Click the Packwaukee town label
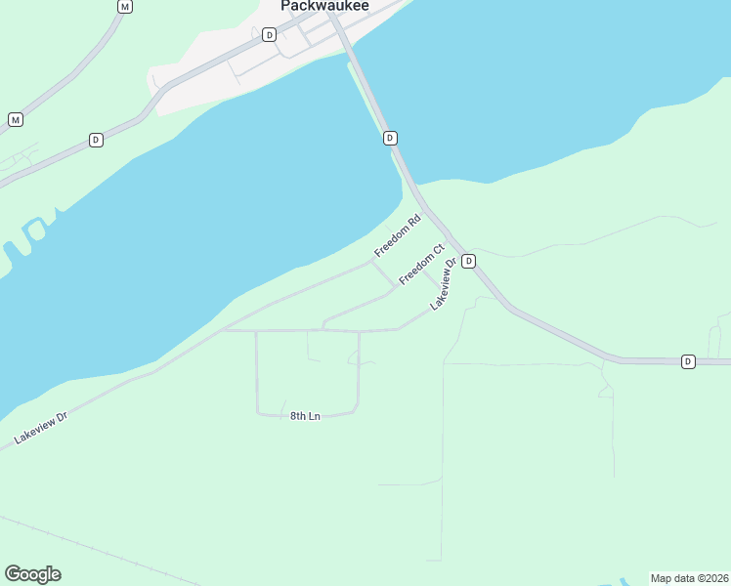tap(324, 6)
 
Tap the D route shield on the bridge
tap(390, 138)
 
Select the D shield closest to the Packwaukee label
tap(269, 34)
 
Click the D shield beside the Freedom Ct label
tap(468, 261)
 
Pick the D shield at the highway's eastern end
tap(688, 361)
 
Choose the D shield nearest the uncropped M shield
tap(96, 140)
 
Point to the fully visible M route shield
tap(15, 119)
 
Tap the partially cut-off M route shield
tap(124, 6)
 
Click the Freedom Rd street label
tap(397, 236)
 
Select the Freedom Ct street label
tap(421, 265)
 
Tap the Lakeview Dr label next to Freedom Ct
tap(445, 284)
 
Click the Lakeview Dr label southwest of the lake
tap(41, 429)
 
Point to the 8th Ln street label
tap(305, 416)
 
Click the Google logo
tap(32, 574)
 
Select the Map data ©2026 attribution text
tap(689, 577)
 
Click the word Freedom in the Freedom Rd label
tap(391, 242)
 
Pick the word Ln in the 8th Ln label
tap(314, 416)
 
